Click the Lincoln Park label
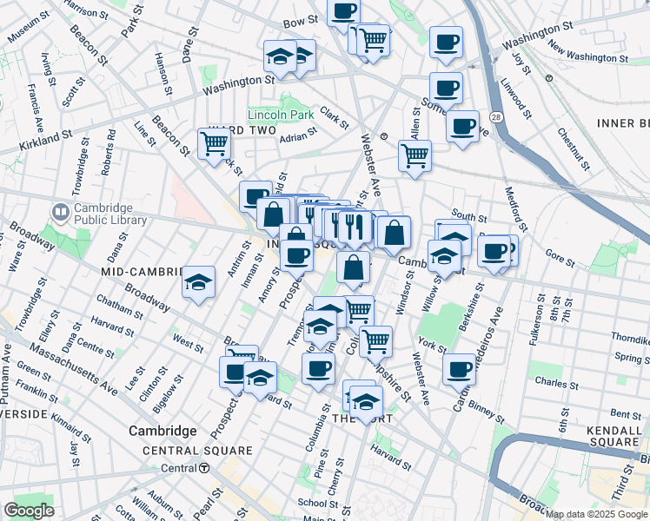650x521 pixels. point(280,115)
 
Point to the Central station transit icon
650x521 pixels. point(204,468)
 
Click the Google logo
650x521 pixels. point(30,511)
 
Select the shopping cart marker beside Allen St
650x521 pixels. point(415,155)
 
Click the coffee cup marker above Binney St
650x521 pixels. point(459,368)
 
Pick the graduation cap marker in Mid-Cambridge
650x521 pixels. point(199,281)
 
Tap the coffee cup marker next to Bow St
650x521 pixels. point(343,11)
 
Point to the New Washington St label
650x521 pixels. point(587,56)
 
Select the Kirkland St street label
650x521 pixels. point(42,137)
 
